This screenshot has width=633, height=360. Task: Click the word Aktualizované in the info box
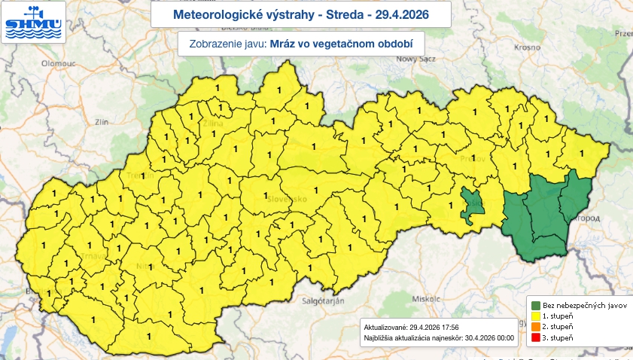click(x=384, y=328)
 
